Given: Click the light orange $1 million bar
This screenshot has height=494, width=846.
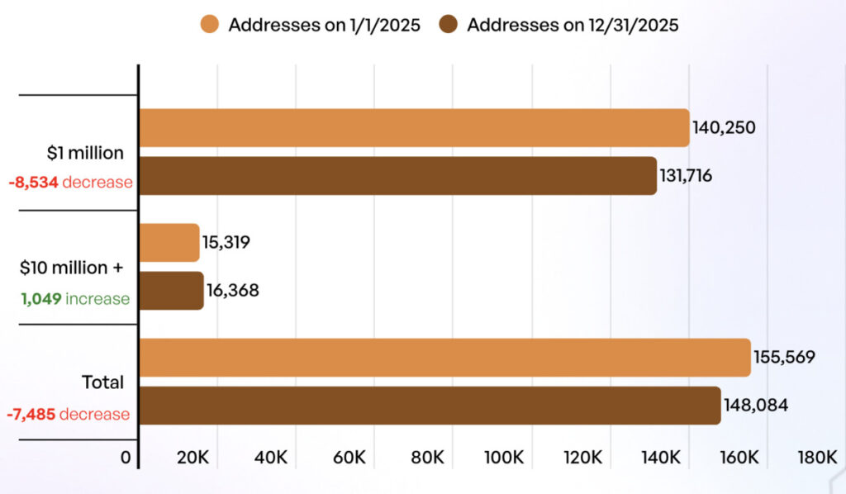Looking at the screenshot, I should pyautogui.click(x=413, y=128).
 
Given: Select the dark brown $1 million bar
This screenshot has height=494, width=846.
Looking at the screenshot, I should pyautogui.click(x=397, y=176).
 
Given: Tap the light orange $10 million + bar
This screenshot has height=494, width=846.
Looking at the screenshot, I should pyautogui.click(x=169, y=243).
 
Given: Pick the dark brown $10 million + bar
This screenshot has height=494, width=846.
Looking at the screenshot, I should pyautogui.click(x=171, y=291).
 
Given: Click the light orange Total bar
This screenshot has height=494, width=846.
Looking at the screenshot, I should pyautogui.click(x=444, y=358).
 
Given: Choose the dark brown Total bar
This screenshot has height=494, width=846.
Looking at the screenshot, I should pyautogui.click(x=430, y=406).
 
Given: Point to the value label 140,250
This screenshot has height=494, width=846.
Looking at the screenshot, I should pyautogui.click(x=725, y=128).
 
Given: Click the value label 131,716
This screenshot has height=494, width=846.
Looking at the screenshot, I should pyautogui.click(x=692, y=176).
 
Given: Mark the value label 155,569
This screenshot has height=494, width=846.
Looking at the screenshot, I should pyautogui.click(x=784, y=358).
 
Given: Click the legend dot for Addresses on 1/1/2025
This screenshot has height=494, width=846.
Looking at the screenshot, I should pyautogui.click(x=209, y=25).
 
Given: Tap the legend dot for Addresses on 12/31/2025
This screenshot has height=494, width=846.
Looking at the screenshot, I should pyautogui.click(x=448, y=25).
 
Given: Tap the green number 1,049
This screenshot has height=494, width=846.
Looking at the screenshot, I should pyautogui.click(x=41, y=298).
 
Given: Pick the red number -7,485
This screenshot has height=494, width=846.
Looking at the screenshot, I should pyautogui.click(x=31, y=413).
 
